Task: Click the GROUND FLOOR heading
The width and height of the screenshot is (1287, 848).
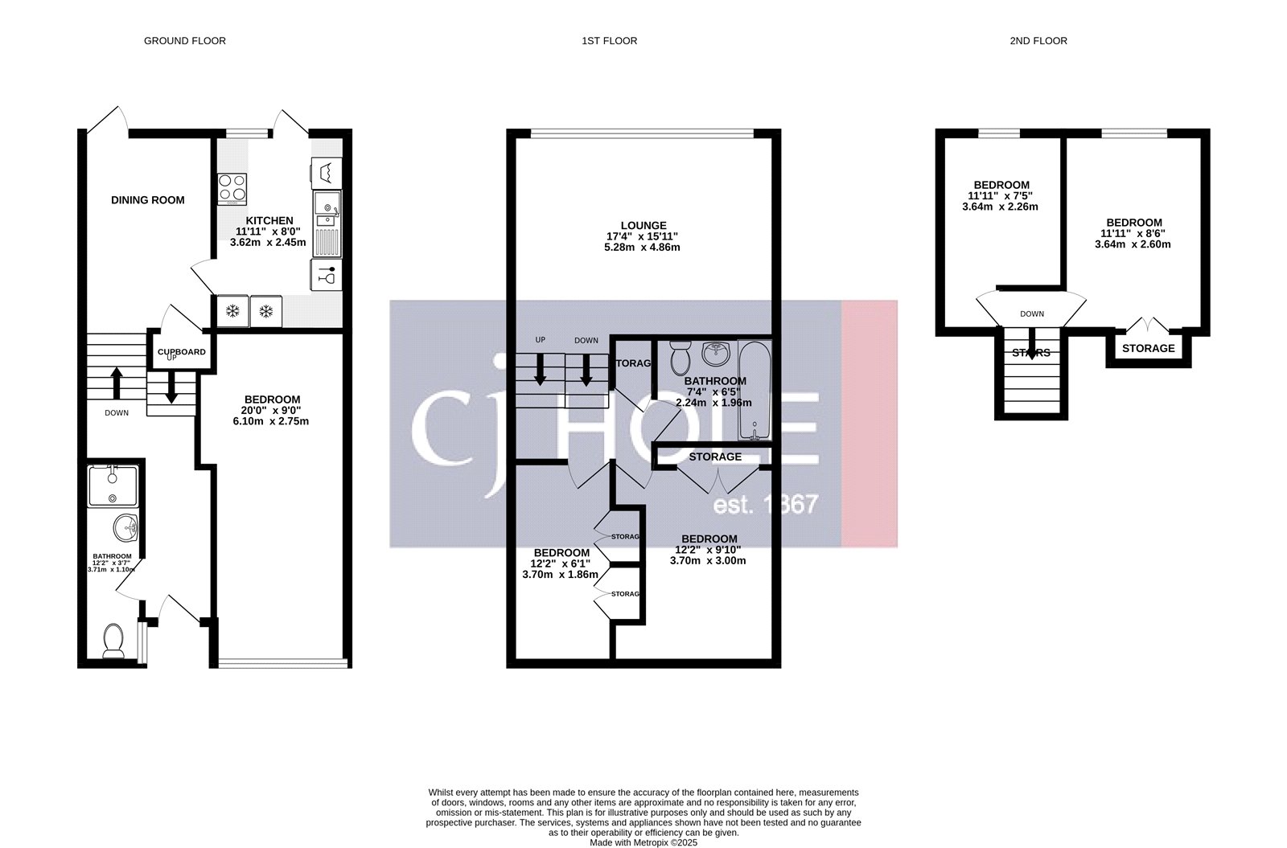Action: [x=184, y=40]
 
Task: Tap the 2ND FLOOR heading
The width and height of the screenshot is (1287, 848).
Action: [x=1038, y=40]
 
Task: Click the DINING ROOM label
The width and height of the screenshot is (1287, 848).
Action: [x=147, y=200]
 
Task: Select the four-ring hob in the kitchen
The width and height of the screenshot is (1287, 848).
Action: [x=232, y=189]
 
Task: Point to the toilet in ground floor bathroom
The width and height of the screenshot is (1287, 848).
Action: [x=113, y=641]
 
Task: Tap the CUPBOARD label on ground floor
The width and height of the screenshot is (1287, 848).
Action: [x=181, y=352]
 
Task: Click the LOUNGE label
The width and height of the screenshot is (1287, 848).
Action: [x=643, y=226]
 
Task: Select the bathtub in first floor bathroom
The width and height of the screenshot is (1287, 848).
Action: [x=754, y=391]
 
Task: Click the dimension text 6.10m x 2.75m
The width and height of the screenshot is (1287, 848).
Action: [x=272, y=421]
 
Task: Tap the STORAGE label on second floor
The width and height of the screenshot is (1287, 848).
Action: [x=1148, y=349]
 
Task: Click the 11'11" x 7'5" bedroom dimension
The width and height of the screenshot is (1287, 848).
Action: [x=1000, y=195]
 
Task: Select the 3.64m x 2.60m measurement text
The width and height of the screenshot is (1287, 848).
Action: [x=1133, y=244]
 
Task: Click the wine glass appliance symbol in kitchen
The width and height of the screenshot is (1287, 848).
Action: [x=326, y=274]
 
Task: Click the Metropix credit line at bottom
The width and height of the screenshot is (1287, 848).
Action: [x=643, y=842]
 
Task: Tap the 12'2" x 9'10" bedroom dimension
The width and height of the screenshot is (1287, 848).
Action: [x=708, y=550]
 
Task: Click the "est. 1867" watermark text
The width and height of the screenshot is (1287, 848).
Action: [x=766, y=505]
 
